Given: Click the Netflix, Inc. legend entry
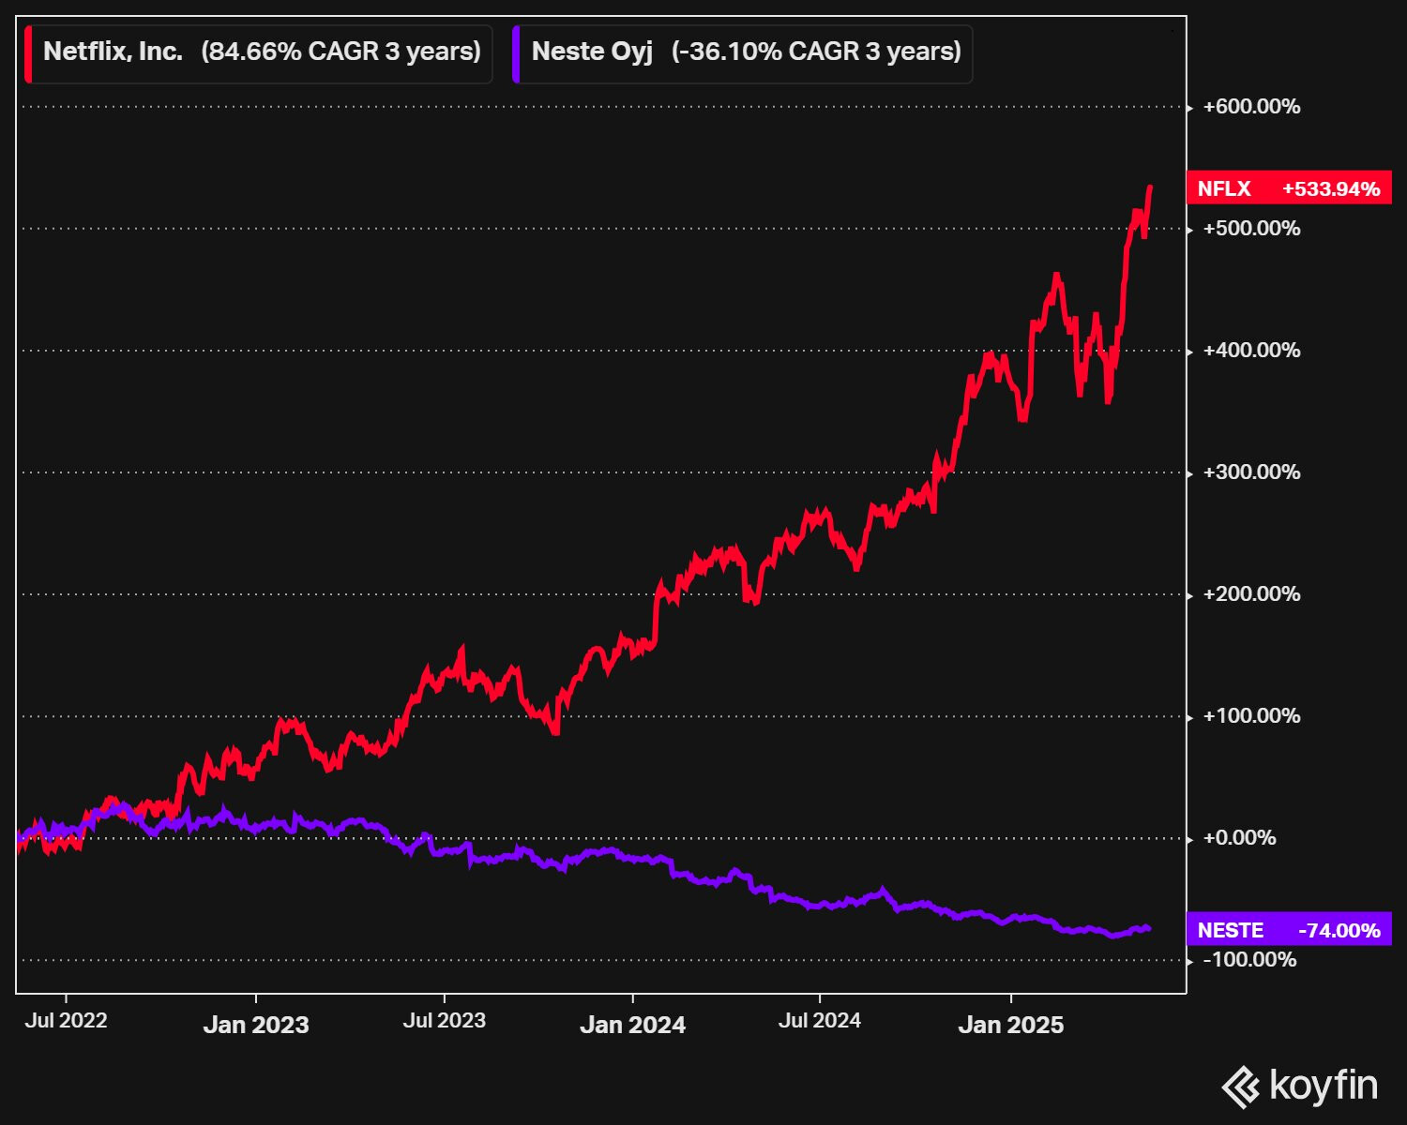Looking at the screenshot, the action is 258,53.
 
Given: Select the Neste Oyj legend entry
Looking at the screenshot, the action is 743,53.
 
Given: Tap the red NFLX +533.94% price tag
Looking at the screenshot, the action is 1289,188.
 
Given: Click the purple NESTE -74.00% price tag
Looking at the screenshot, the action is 1289,930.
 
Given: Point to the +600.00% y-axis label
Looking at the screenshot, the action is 1251,107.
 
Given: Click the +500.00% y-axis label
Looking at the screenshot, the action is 1251,228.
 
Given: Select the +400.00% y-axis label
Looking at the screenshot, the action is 1251,351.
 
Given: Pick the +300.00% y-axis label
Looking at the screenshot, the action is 1251,472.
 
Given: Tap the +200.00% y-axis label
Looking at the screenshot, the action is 1251,594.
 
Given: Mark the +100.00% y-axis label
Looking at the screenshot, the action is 1251,716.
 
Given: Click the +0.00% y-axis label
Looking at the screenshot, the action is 1240,837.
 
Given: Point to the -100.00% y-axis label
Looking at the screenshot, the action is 1249,960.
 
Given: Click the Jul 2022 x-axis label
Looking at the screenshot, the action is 66,1020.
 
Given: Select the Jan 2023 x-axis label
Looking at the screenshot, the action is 256,1025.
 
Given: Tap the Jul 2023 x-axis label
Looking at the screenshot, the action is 445,1020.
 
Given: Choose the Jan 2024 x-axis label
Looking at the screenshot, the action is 633,1025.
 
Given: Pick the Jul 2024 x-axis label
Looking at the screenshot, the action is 820,1020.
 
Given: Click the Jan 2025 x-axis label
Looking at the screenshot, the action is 1011,1025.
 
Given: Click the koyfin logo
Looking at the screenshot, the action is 1300,1087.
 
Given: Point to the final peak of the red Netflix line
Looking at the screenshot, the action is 1150,187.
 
